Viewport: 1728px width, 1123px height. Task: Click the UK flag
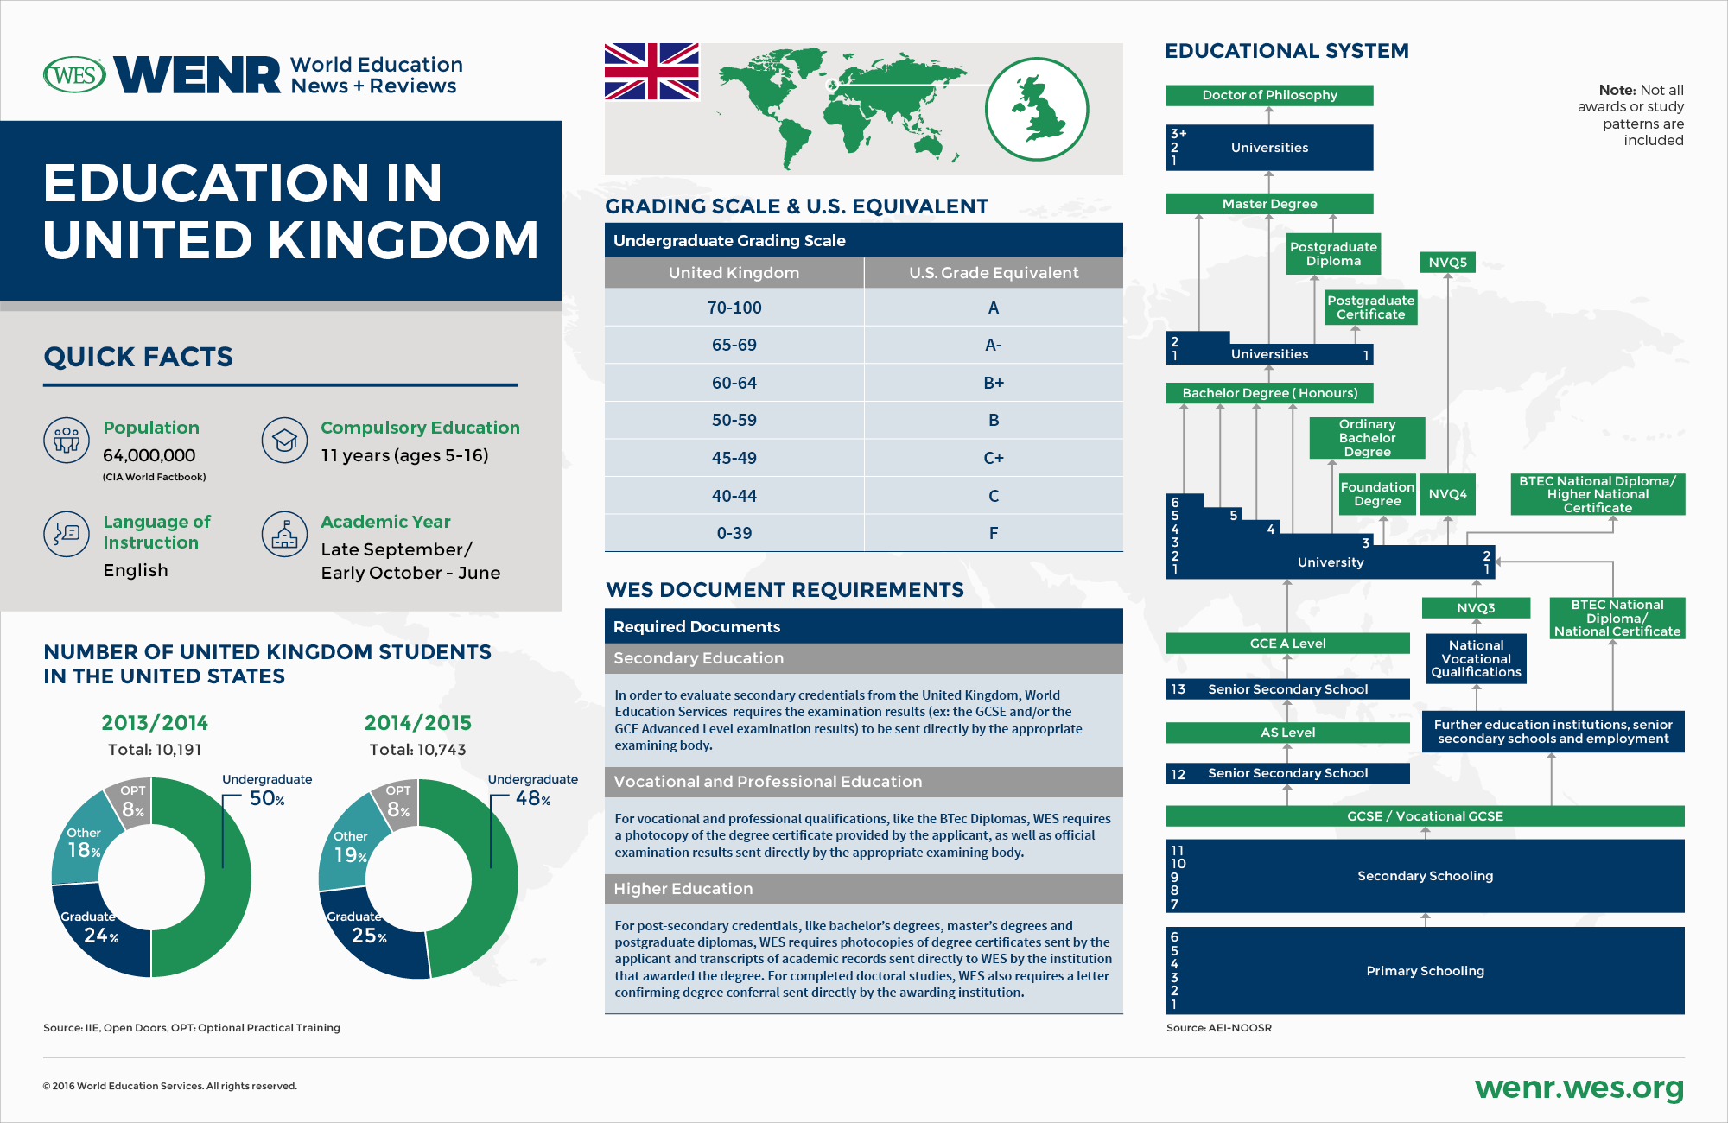click(651, 72)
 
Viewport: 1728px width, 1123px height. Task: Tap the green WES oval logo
click(74, 75)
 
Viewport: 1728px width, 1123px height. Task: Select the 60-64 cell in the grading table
click(734, 383)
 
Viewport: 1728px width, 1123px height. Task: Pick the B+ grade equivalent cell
click(993, 383)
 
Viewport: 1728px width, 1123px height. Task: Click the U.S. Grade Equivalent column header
click(993, 273)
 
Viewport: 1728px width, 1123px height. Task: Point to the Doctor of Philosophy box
click(1268, 95)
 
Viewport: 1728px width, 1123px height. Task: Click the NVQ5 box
click(1447, 263)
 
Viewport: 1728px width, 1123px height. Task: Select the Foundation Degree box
click(1376, 494)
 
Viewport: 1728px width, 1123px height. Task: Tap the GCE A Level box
click(1286, 644)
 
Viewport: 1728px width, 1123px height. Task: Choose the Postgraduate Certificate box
click(1370, 308)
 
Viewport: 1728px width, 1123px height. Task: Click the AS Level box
click(1286, 733)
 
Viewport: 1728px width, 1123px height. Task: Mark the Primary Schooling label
click(1425, 971)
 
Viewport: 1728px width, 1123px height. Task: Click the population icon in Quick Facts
click(67, 440)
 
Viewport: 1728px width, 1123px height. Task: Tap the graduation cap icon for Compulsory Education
click(284, 440)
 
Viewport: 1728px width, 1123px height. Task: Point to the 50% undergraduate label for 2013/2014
click(267, 799)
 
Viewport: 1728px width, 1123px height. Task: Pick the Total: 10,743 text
click(417, 750)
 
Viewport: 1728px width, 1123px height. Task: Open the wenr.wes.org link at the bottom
click(1579, 1088)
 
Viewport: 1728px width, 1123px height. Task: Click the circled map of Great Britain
click(1037, 109)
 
